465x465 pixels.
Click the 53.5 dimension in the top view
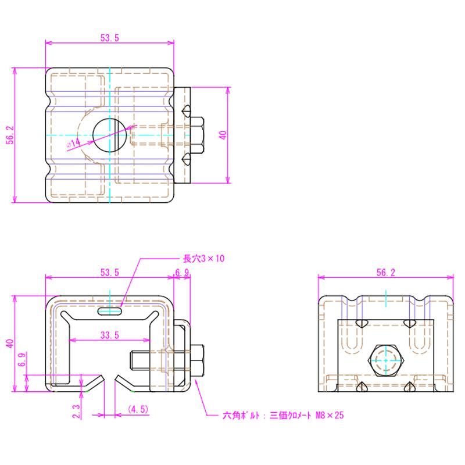(x=109, y=38)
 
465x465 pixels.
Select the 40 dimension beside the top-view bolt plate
(x=223, y=135)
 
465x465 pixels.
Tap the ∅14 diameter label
(x=74, y=143)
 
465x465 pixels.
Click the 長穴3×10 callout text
(x=203, y=259)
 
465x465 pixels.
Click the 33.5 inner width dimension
(x=109, y=335)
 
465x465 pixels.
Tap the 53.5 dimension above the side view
(x=109, y=272)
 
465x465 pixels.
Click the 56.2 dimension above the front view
(x=385, y=272)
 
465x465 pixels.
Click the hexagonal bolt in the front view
(x=385, y=361)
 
